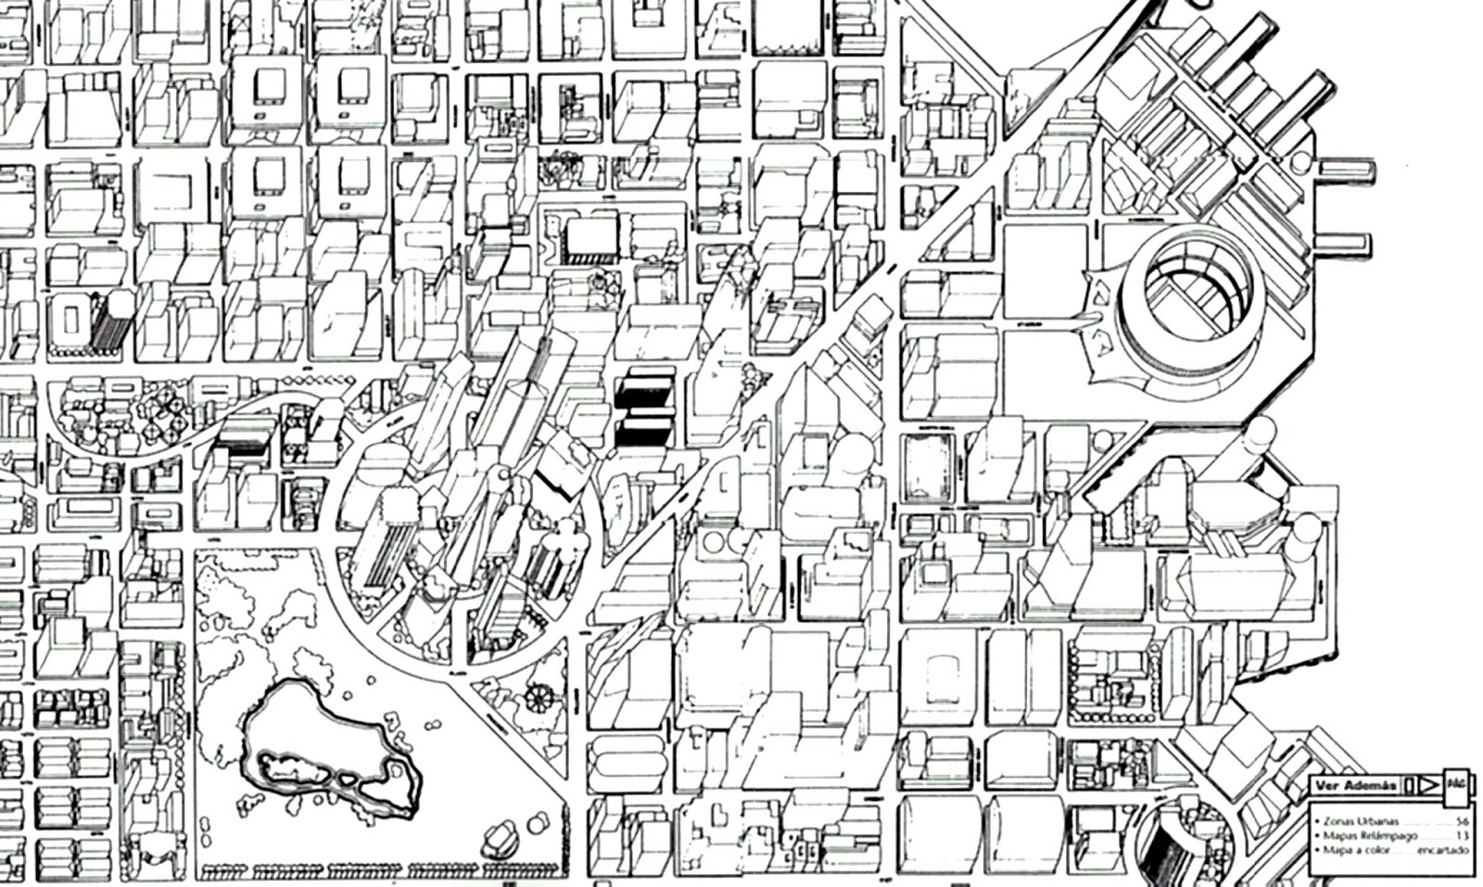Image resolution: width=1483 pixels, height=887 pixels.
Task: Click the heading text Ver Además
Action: [1356, 786]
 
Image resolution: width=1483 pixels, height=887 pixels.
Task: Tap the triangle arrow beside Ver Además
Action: [1427, 786]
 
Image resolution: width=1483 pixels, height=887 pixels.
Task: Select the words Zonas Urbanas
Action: [1361, 821]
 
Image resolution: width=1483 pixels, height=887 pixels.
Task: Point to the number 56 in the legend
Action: [1462, 821]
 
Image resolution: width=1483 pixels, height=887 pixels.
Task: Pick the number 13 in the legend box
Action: [1462, 835]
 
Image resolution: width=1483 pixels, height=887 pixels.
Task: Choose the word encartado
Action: [1443, 849]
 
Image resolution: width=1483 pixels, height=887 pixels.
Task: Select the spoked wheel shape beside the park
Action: [536, 696]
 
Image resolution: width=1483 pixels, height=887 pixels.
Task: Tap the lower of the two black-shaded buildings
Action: [643, 432]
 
